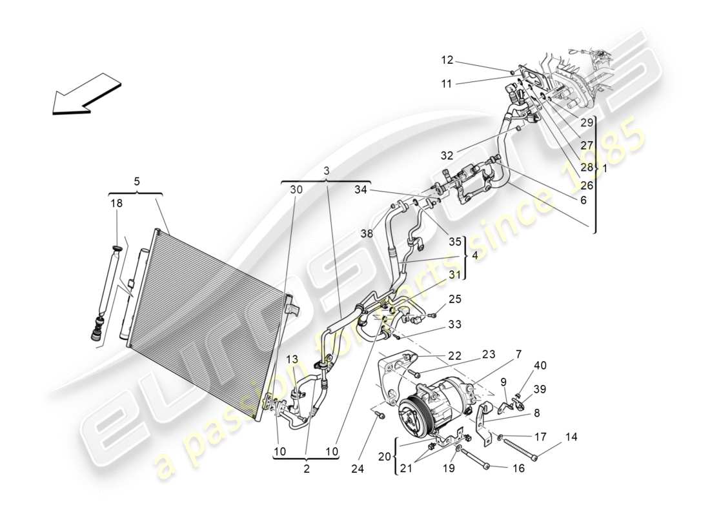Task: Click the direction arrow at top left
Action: (x=86, y=94)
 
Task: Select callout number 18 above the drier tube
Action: (x=117, y=203)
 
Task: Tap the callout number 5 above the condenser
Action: (x=136, y=182)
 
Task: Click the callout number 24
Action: (x=358, y=470)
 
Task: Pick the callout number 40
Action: (x=540, y=366)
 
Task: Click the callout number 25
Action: (x=456, y=299)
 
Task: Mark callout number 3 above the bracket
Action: (x=327, y=170)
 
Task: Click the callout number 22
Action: (x=456, y=356)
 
